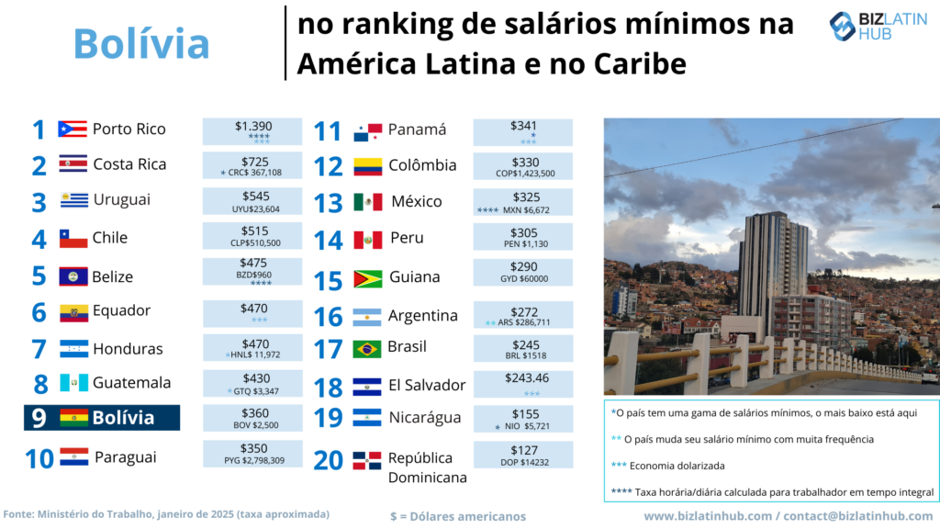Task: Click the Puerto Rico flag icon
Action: (73, 129)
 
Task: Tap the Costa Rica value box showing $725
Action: (252, 166)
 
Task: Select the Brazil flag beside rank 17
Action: (367, 349)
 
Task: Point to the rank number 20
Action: (328, 459)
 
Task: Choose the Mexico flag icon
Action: (367, 202)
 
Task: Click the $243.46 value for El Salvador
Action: (523, 377)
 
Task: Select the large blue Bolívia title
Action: (141, 43)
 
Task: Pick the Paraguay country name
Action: (126, 456)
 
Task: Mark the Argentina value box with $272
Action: (523, 316)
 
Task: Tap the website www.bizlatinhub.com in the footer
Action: (708, 516)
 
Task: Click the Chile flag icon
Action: (73, 239)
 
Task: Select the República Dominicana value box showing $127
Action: (523, 455)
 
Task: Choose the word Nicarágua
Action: (424, 418)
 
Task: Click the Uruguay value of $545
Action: (252, 201)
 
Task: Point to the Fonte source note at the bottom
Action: (166, 514)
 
